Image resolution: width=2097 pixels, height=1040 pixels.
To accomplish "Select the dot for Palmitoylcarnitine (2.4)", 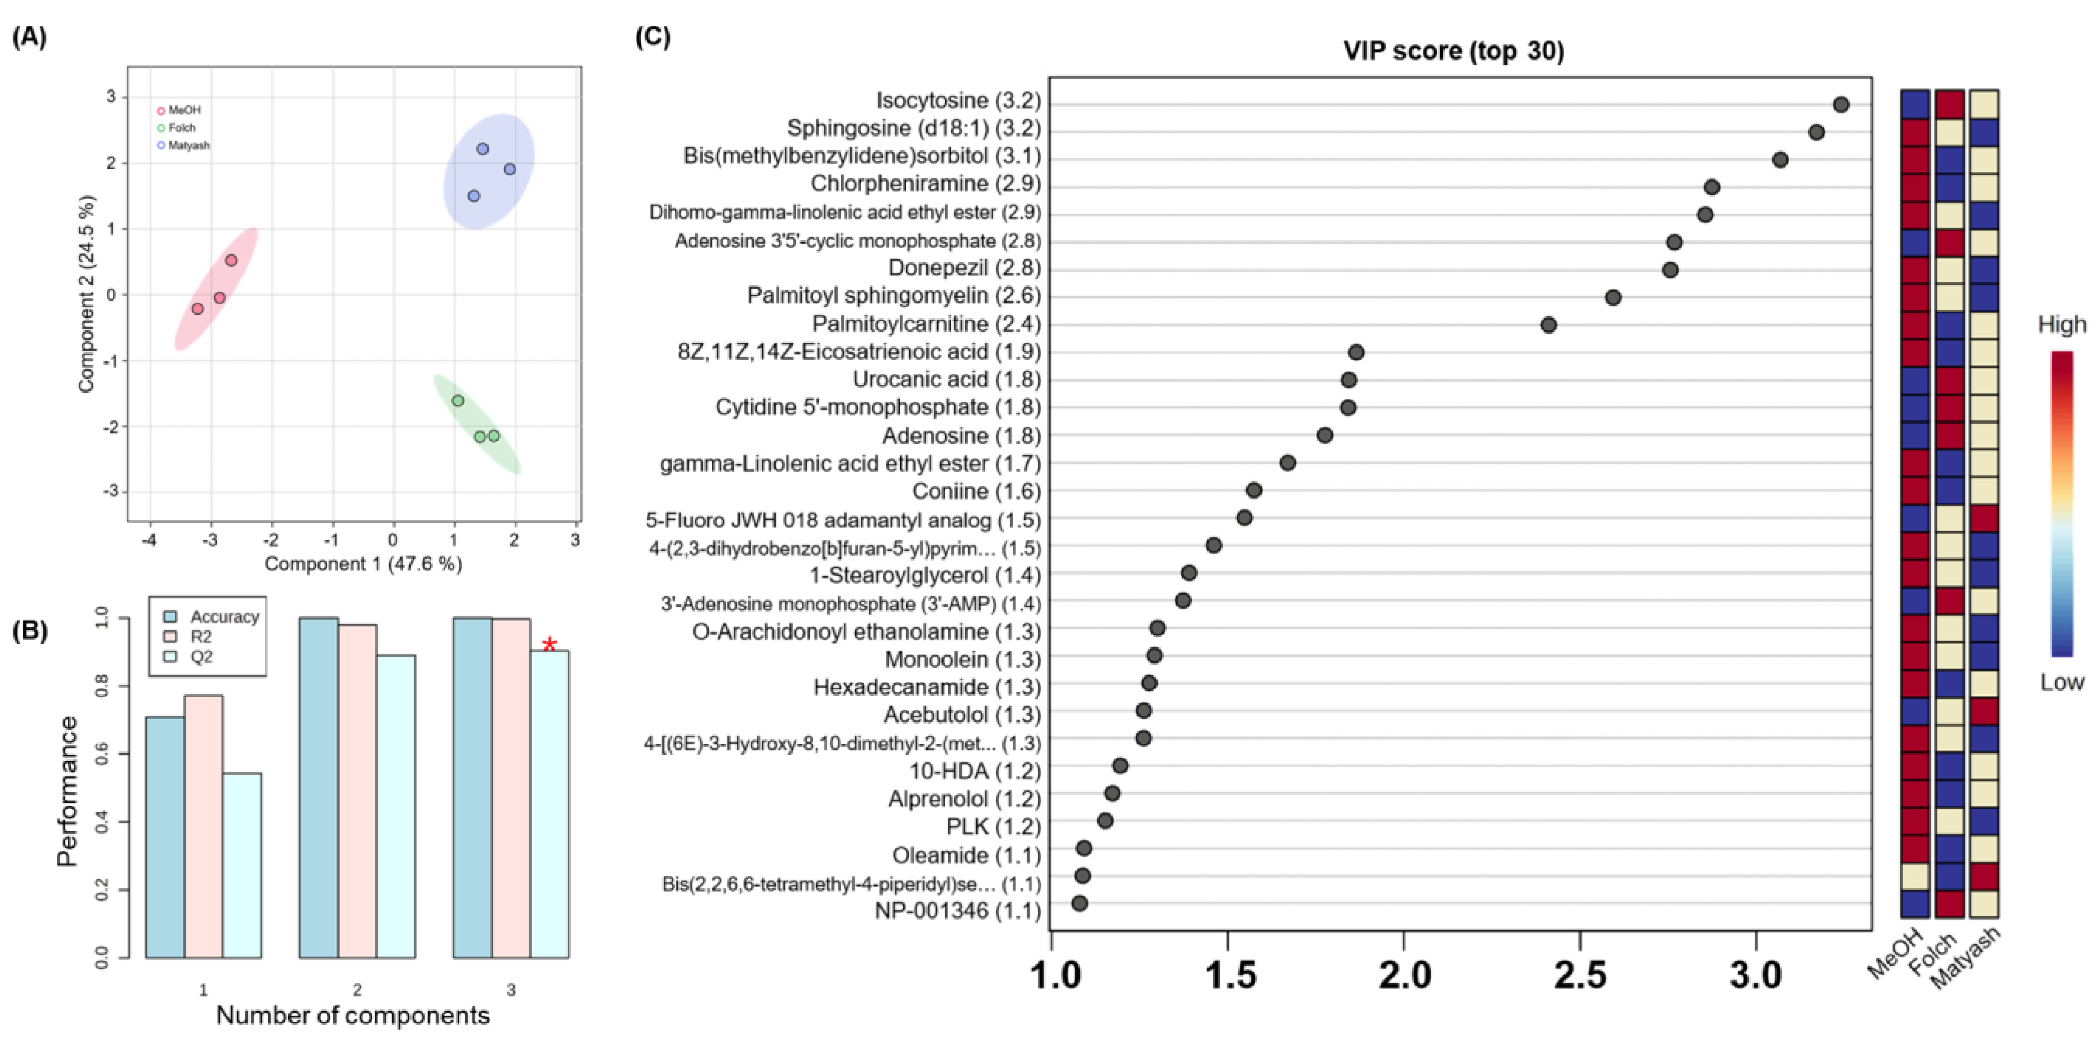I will [1548, 325].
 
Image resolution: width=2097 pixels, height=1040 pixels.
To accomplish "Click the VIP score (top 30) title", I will [1453, 51].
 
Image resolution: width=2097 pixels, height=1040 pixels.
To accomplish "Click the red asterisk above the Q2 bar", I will [550, 645].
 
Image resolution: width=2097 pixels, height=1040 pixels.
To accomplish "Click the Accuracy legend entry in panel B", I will [214, 616].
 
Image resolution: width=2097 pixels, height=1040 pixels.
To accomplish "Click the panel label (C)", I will [653, 37].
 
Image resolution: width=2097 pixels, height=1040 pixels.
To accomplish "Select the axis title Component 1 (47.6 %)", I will [363, 564].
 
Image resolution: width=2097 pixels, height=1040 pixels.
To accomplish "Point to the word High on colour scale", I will [2061, 325].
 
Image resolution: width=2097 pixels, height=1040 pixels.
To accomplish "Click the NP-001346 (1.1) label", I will [958, 911].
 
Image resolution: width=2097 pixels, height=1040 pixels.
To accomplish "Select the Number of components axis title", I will [353, 1016].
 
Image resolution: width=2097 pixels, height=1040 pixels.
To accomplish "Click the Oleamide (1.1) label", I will [966, 855].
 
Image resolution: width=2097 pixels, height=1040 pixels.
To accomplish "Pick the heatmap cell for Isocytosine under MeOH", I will [1914, 104].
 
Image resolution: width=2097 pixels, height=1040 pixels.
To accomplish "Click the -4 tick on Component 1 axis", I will [150, 539].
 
